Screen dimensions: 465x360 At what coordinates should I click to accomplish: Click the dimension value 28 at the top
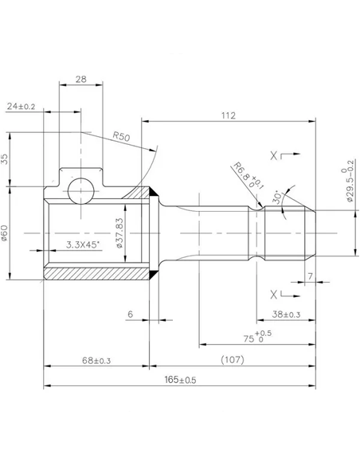(80, 79)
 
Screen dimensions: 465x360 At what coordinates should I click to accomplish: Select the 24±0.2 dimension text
(22, 105)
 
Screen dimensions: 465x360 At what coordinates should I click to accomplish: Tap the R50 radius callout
(121, 137)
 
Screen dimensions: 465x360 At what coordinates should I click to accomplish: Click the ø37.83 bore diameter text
(119, 232)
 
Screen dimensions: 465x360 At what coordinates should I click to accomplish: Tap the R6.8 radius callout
(241, 174)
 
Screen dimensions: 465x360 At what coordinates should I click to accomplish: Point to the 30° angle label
(276, 196)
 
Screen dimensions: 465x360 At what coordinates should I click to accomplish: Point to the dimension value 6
(130, 315)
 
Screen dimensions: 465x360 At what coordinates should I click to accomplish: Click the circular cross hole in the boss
(80, 190)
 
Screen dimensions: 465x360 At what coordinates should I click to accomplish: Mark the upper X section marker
(276, 156)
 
